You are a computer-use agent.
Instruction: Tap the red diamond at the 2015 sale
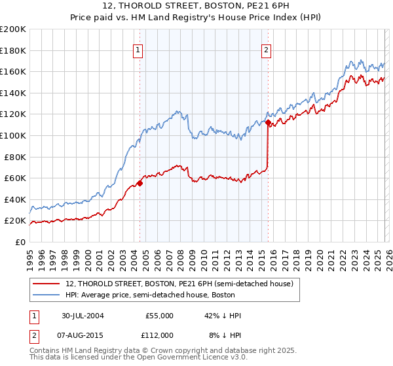point(268,122)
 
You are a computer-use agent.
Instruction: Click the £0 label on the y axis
point(20,242)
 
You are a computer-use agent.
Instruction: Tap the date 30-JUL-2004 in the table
point(84,316)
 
